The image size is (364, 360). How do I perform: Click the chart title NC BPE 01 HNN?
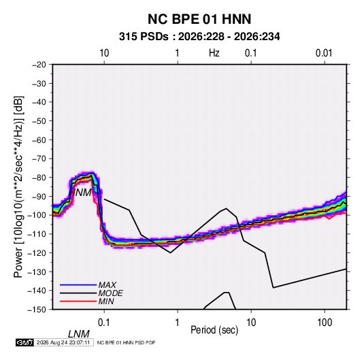[x=199, y=19]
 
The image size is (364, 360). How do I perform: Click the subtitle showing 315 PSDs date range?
[x=199, y=37]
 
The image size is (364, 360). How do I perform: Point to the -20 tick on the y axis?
[x=39, y=65]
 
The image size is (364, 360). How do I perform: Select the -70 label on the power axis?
[x=39, y=159]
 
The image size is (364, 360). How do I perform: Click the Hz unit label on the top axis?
[x=214, y=53]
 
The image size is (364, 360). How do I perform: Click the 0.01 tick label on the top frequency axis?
[x=324, y=53]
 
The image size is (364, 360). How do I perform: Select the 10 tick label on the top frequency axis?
[x=104, y=53]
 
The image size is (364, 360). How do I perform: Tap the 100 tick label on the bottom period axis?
[x=325, y=323]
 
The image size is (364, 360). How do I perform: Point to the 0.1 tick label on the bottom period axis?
[x=104, y=323]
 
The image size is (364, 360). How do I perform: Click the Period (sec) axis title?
[x=214, y=330]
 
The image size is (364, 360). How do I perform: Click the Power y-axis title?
[x=18, y=187]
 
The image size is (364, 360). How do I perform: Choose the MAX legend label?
[x=107, y=285]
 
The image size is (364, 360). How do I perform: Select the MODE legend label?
[x=110, y=293]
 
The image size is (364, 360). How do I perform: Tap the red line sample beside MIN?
[x=78, y=301]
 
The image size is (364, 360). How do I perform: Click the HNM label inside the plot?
[x=80, y=193]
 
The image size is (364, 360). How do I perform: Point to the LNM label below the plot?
[x=79, y=334]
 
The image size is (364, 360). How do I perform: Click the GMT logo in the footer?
[x=25, y=342]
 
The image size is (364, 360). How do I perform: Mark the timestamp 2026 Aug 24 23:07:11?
[x=63, y=342]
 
